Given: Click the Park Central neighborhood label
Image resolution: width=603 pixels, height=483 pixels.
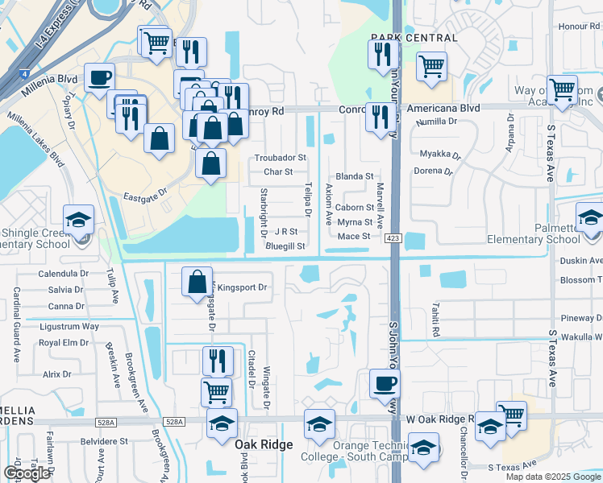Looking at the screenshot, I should click(x=414, y=38).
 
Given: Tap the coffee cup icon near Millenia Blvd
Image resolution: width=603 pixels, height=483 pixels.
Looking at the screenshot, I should click(x=99, y=78).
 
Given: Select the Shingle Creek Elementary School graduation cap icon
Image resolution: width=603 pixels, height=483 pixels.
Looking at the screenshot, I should click(x=78, y=220).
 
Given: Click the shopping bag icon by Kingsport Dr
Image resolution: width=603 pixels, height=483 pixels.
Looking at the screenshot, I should click(x=197, y=283).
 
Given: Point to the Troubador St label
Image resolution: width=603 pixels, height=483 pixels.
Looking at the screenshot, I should click(x=281, y=158).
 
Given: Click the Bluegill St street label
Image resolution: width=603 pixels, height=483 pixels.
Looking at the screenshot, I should click(x=285, y=246).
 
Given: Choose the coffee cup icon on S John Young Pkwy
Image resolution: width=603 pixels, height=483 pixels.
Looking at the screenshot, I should click(x=384, y=382).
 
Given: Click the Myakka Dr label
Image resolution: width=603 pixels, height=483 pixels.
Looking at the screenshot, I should click(x=439, y=154).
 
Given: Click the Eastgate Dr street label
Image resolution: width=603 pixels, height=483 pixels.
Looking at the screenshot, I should click(x=145, y=195).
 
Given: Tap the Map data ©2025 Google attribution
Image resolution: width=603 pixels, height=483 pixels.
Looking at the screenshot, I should click(x=552, y=477).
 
